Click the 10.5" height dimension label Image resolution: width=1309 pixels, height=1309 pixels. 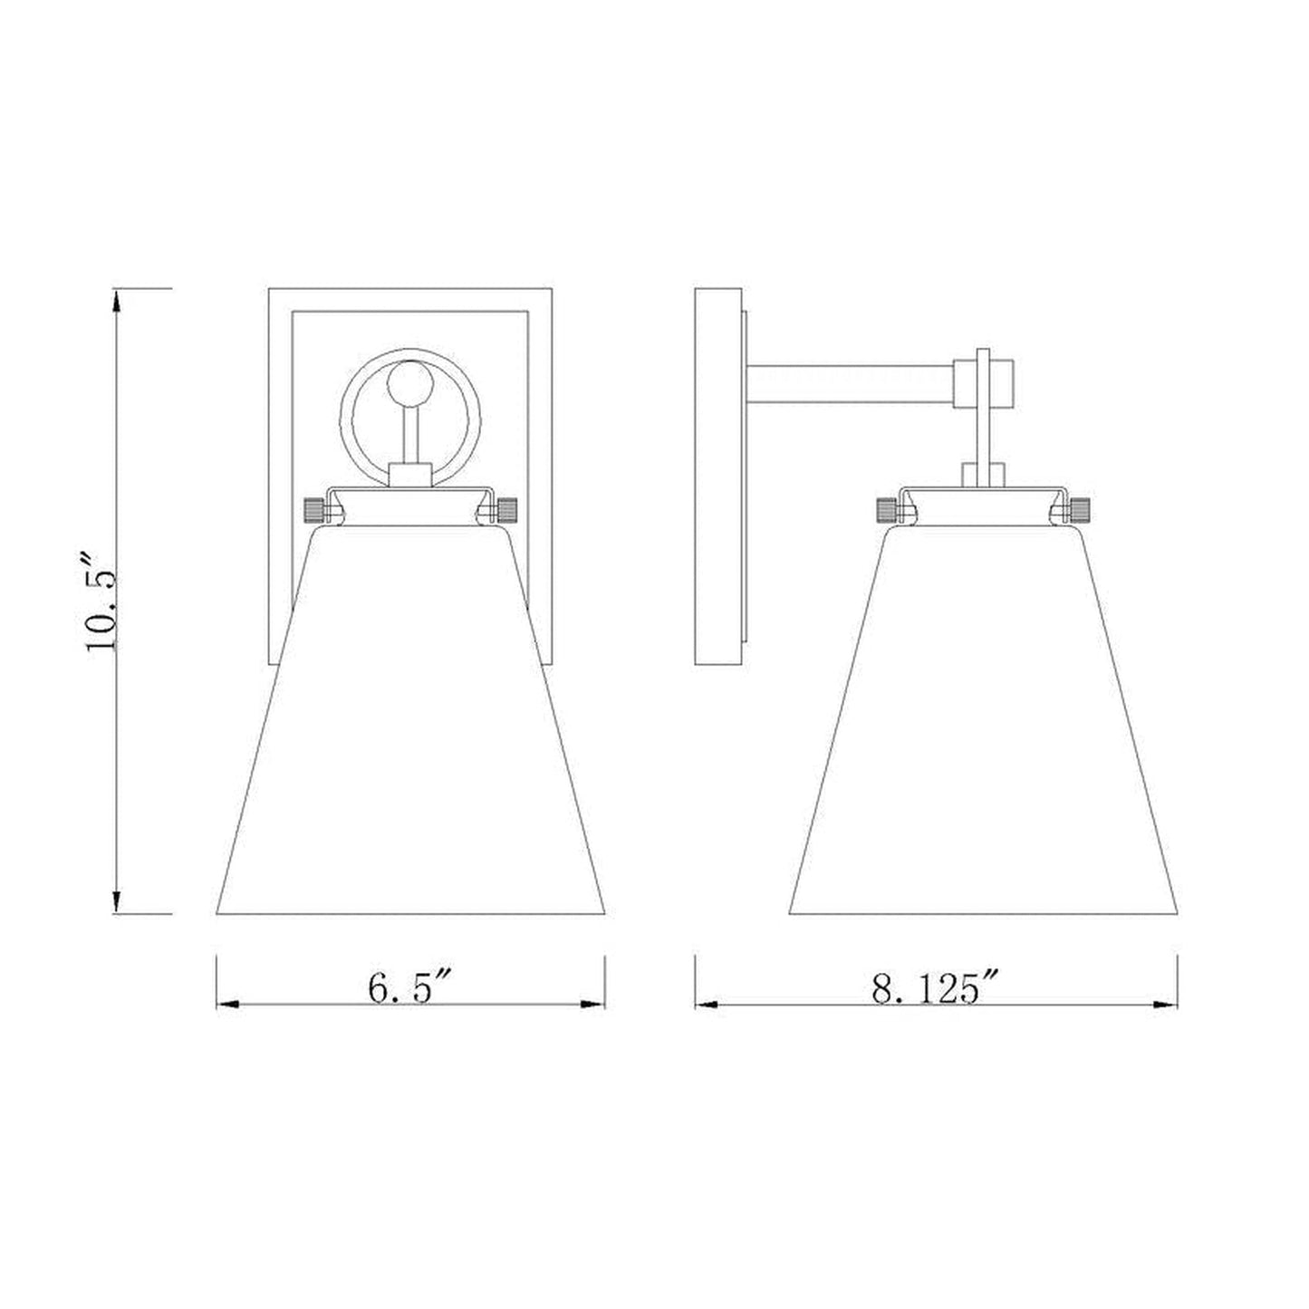pos(102,599)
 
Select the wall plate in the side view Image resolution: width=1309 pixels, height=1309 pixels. pos(717,476)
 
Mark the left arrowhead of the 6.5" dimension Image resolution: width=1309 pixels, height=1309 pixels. pos(227,1005)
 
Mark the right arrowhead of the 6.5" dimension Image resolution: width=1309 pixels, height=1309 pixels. pos(593,1005)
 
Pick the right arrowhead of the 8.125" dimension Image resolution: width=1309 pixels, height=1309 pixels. pos(1166,1005)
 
